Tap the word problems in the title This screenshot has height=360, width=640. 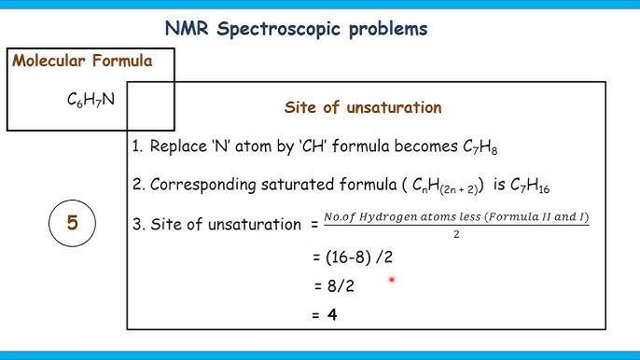[384, 30]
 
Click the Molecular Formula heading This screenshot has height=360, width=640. [81, 62]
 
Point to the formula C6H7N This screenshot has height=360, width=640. [85, 96]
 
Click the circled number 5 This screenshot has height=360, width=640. [72, 223]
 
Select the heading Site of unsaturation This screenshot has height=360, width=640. [363, 107]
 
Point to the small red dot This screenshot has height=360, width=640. [393, 279]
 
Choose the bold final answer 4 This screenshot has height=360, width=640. [331, 315]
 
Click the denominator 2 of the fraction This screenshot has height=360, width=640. [456, 235]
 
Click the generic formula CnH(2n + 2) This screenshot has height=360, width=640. [415, 186]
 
